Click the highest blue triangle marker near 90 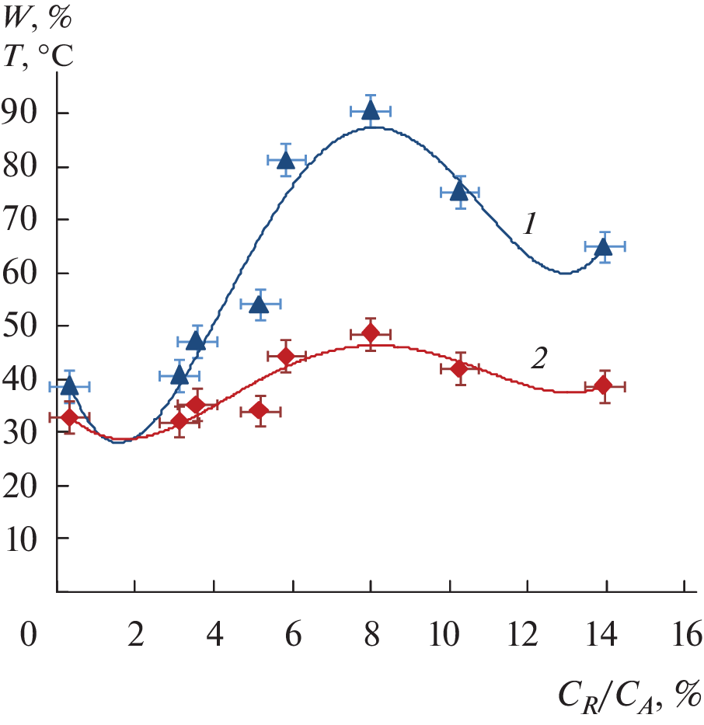371,110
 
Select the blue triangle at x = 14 604,247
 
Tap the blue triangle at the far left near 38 69,385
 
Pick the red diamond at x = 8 371,333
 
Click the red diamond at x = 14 604,386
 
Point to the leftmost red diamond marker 69,417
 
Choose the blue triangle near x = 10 459,191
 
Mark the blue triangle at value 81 285,160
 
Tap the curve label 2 539,358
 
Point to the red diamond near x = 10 459,368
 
